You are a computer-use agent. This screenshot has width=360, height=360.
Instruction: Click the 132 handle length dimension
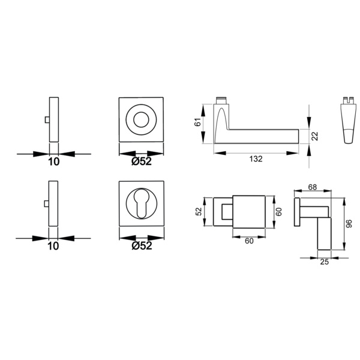click(256, 159)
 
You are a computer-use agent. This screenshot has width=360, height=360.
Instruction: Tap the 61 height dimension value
click(197, 122)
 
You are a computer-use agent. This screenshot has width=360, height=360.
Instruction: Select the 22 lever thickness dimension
click(316, 136)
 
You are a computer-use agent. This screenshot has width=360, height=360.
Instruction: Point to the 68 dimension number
click(312, 187)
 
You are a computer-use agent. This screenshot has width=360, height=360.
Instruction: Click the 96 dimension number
click(349, 224)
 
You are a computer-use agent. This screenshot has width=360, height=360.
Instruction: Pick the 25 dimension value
click(324, 262)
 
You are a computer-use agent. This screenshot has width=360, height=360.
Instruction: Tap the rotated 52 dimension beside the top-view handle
click(199, 211)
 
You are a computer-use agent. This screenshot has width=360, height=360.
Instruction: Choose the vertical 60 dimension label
click(279, 212)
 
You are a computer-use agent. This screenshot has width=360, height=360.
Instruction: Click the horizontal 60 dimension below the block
click(249, 241)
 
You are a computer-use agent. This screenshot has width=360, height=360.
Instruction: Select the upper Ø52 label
click(142, 161)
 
